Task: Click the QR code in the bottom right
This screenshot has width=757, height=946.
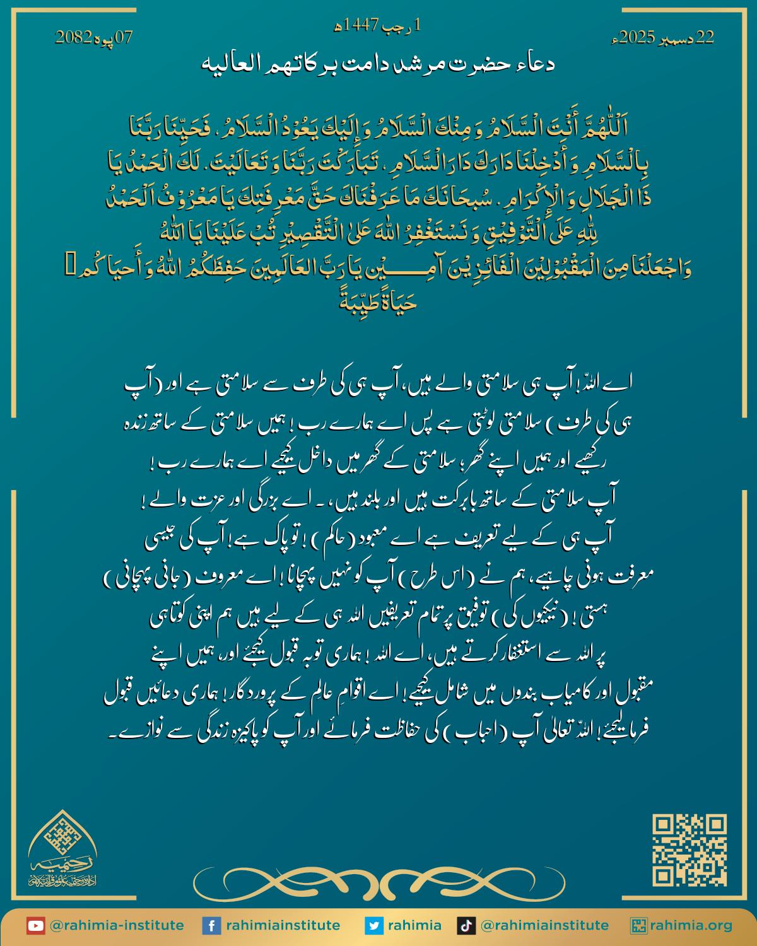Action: [689, 850]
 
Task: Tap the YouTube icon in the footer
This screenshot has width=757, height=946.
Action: [35, 926]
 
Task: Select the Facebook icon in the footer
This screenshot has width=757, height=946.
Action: [211, 926]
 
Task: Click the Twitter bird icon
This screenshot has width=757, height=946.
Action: [374, 926]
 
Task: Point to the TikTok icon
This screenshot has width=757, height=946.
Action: [465, 926]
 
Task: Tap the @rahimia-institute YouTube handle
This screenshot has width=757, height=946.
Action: [116, 926]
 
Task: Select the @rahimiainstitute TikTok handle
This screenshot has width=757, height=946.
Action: [544, 926]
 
